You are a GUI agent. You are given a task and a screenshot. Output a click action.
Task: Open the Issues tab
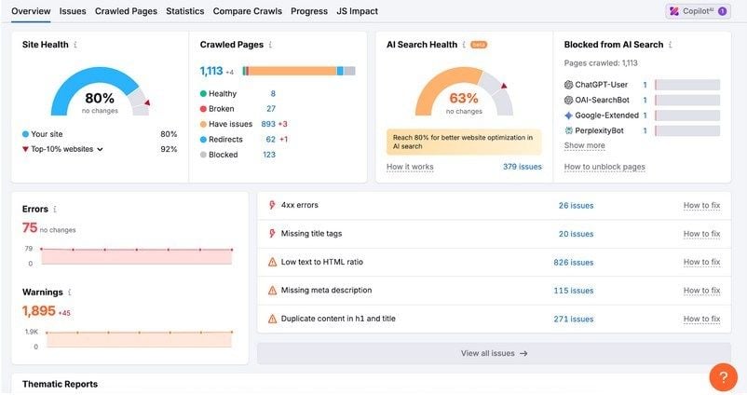(x=73, y=11)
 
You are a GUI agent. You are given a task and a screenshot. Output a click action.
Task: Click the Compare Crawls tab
(x=247, y=11)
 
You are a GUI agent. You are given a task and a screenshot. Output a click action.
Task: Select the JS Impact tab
(x=357, y=11)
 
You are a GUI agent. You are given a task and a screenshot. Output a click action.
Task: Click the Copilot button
(x=698, y=11)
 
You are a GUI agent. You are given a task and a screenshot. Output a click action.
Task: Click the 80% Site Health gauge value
(x=100, y=99)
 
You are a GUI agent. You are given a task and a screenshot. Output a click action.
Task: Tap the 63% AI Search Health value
(x=463, y=99)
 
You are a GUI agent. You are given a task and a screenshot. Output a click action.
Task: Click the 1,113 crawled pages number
(x=211, y=71)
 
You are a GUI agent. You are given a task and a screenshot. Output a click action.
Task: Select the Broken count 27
(x=270, y=109)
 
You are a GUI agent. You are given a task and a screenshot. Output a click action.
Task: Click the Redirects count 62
(x=270, y=140)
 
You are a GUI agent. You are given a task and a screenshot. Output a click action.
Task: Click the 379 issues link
(x=522, y=167)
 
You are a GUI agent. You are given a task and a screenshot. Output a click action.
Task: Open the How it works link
(x=410, y=167)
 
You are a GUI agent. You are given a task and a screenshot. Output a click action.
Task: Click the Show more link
(x=584, y=145)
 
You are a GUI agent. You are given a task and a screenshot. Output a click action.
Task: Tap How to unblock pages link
(x=604, y=167)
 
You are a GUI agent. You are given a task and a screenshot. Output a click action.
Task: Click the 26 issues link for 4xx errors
(x=576, y=206)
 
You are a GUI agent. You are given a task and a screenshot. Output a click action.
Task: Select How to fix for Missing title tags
(x=701, y=234)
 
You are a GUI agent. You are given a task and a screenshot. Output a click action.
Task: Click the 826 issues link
(x=573, y=263)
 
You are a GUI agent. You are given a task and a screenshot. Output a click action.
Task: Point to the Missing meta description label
(x=326, y=291)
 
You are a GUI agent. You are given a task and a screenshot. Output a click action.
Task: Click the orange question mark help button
(x=723, y=376)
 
